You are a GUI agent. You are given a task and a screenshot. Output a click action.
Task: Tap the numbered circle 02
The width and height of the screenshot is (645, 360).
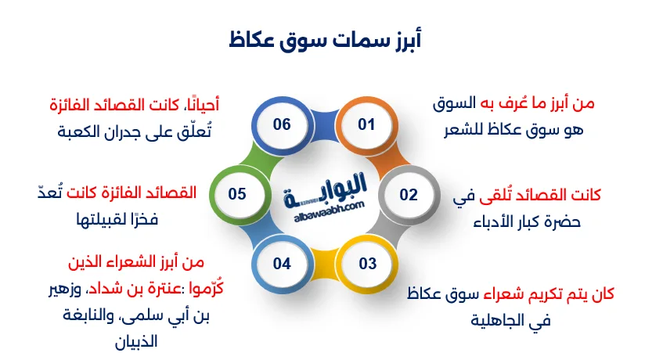coord(409,195)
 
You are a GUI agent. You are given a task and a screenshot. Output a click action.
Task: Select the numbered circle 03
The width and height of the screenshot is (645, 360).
coord(368,264)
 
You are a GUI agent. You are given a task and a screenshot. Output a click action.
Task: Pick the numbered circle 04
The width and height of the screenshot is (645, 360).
coord(282,264)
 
